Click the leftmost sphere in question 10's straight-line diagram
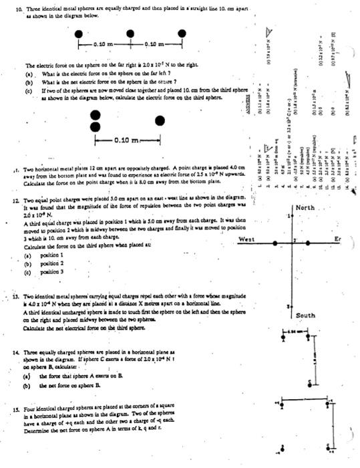pos(81,32)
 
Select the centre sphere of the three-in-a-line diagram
pos(128,32)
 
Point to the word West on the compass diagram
pos(246,239)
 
